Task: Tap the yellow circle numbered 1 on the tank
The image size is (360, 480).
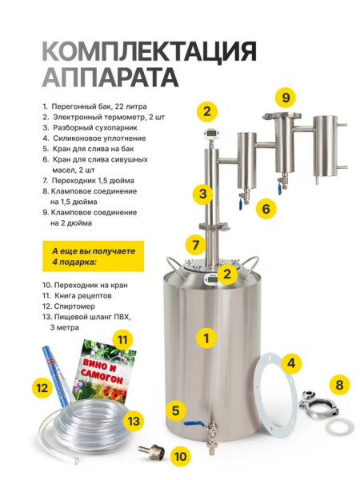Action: click(x=207, y=338)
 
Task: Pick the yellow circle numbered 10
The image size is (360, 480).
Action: click(x=181, y=457)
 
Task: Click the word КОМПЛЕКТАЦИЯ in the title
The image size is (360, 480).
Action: click(x=149, y=54)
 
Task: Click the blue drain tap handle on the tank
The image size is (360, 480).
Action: click(x=193, y=425)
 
